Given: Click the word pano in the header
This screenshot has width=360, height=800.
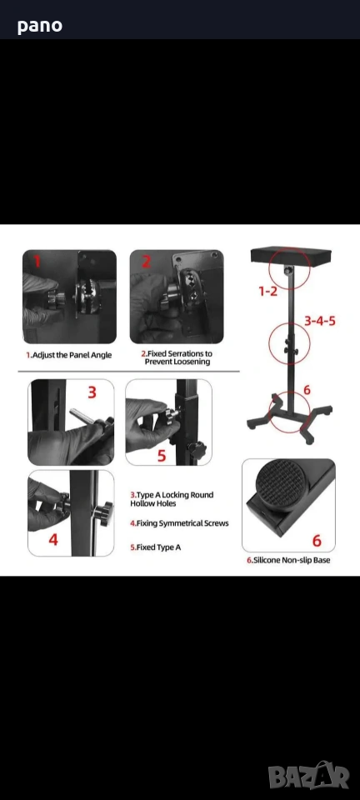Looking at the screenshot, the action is pyautogui.click(x=40, y=26).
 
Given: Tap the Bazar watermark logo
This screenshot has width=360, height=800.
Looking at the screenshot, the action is pyautogui.click(x=309, y=777).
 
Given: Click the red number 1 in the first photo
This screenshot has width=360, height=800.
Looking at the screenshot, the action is pyautogui.click(x=36, y=262).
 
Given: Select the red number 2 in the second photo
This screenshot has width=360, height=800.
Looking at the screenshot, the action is pyautogui.click(x=147, y=261).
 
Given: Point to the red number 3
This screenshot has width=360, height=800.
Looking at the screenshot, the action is pyautogui.click(x=92, y=392).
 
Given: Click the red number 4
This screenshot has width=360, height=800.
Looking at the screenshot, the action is pyautogui.click(x=53, y=539).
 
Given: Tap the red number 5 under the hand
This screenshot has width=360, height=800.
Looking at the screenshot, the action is pyautogui.click(x=162, y=455).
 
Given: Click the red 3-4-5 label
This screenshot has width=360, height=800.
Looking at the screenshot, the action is pyautogui.click(x=320, y=321).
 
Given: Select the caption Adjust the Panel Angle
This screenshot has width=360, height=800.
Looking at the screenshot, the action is pyautogui.click(x=69, y=355).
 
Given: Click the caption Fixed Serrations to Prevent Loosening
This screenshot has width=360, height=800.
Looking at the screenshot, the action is pyautogui.click(x=177, y=357).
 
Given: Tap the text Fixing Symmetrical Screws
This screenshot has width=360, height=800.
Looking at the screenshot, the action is pyautogui.click(x=179, y=523).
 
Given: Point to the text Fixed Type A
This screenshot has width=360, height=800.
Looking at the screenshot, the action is pyautogui.click(x=155, y=547).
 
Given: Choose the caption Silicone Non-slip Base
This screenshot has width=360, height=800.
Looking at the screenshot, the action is pyautogui.click(x=288, y=560).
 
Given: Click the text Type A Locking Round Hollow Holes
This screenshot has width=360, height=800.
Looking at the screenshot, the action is pyautogui.click(x=172, y=499).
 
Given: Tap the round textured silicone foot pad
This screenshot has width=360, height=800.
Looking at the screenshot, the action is pyautogui.click(x=281, y=485).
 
